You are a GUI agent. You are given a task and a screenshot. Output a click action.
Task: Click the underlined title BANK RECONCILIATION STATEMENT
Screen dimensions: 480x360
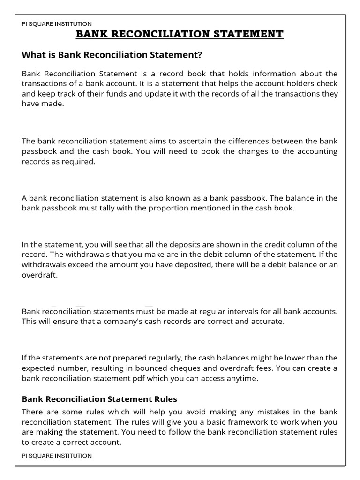pyautogui.click(x=180, y=34)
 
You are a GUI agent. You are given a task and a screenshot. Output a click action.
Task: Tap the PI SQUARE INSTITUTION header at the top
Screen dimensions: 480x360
pyautogui.click(x=57, y=23)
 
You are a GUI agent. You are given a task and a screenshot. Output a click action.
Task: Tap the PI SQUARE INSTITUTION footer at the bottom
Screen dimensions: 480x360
pyautogui.click(x=57, y=455)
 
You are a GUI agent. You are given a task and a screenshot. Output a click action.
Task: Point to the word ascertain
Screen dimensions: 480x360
pyautogui.click(x=161, y=141)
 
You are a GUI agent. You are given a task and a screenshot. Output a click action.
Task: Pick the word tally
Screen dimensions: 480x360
pyautogui.click(x=111, y=208)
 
